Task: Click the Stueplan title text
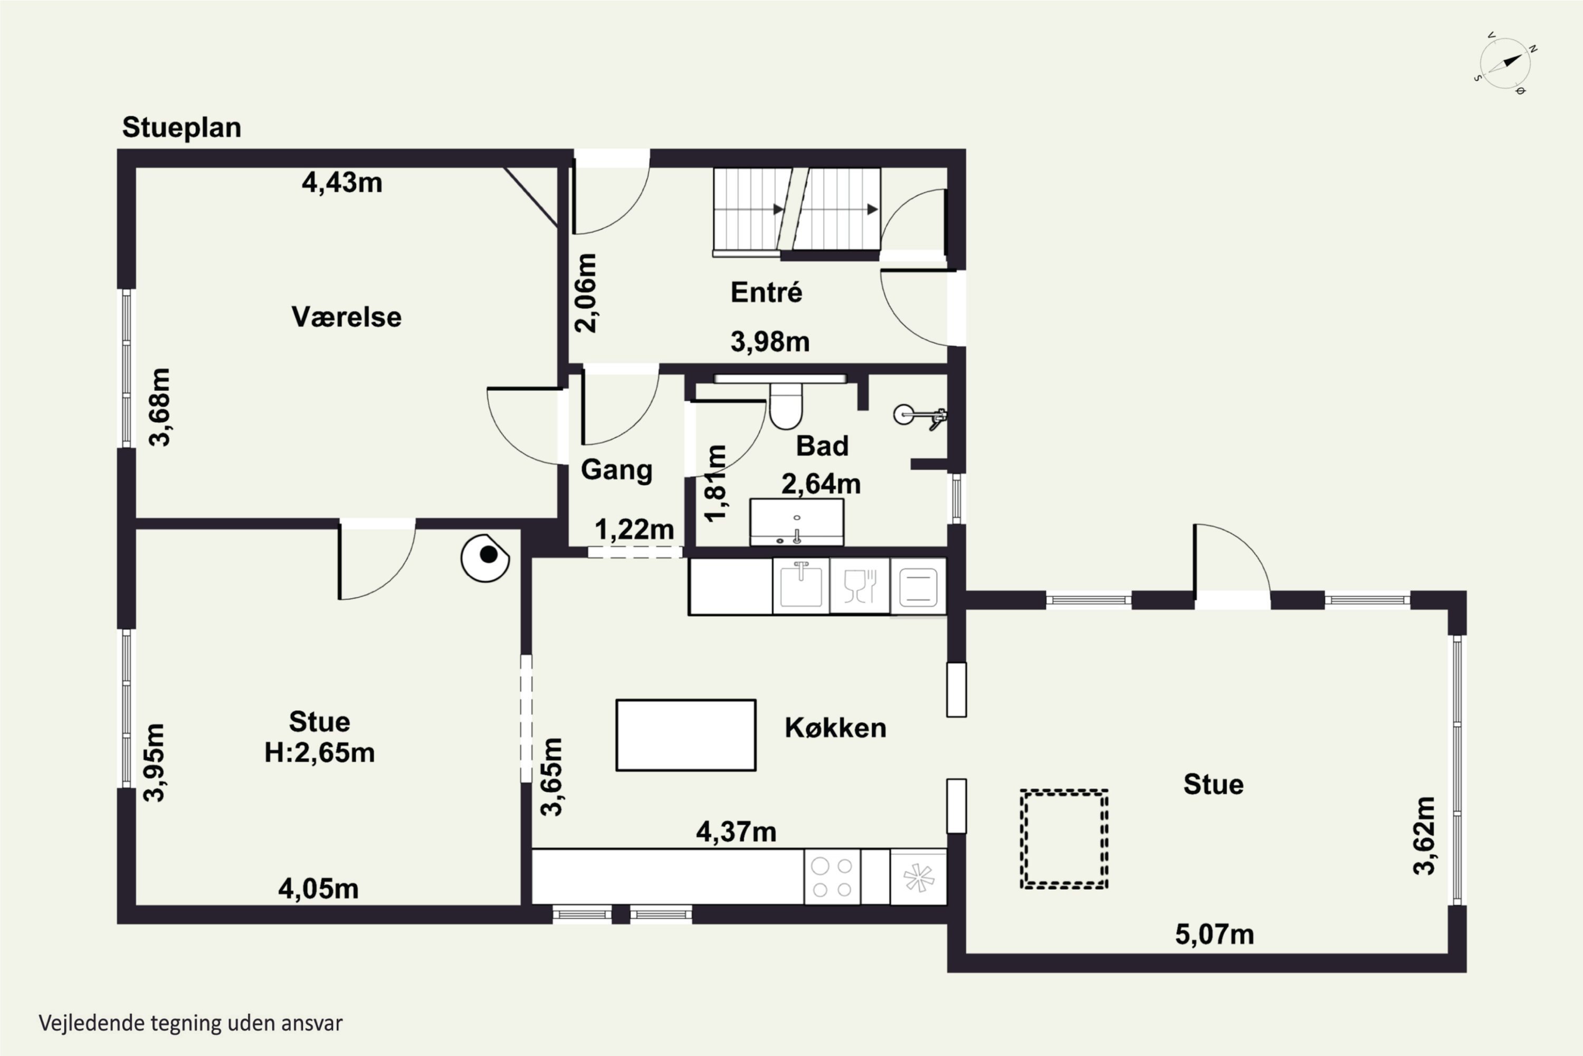click(182, 128)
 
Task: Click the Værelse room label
click(347, 316)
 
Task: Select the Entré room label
click(767, 293)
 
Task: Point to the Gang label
click(616, 470)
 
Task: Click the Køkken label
click(835, 728)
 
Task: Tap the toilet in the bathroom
click(786, 406)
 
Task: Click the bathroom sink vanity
click(797, 522)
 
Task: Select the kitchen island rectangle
click(686, 735)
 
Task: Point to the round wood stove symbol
click(484, 558)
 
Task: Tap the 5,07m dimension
click(1215, 935)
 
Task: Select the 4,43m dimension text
click(342, 183)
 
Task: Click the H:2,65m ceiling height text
click(320, 752)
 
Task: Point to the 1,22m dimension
click(634, 530)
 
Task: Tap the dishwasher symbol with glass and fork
click(860, 587)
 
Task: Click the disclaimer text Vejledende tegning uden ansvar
click(190, 1023)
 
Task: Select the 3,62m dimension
click(1424, 836)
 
